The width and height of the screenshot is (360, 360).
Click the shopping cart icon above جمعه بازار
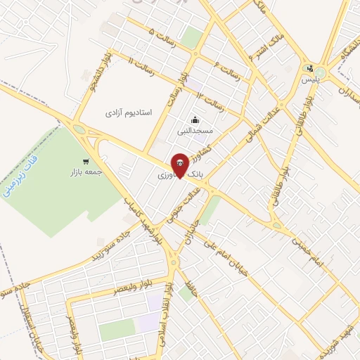pyautogui.click(x=86, y=161)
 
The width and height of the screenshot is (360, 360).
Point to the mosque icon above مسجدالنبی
pyautogui.click(x=194, y=120)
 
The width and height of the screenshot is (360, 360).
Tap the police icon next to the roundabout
pyautogui.click(x=309, y=69)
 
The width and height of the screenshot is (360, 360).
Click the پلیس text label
pyautogui.click(x=309, y=80)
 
